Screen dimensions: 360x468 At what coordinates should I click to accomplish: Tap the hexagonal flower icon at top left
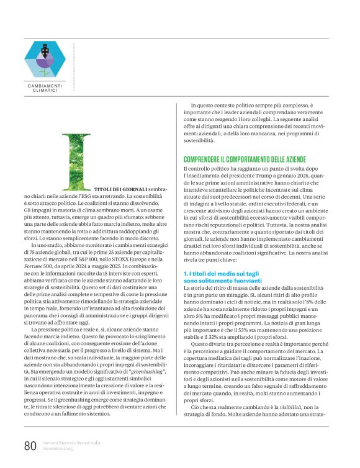point(45,56)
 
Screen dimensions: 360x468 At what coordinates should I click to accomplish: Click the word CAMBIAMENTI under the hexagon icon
point(45,86)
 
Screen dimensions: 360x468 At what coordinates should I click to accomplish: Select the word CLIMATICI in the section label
point(45,91)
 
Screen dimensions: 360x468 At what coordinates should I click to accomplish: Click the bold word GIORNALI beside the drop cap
point(133,188)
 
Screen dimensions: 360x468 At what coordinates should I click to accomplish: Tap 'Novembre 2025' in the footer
point(58,449)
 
